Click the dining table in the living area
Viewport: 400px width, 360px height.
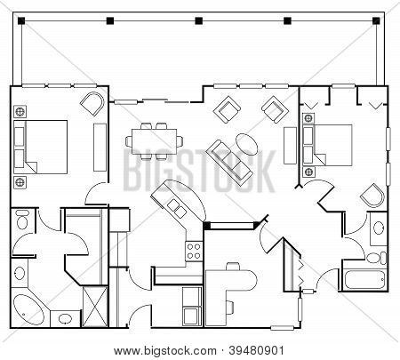pyautogui.click(x=154, y=141)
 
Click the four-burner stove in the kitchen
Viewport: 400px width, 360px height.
pyautogui.click(x=194, y=251)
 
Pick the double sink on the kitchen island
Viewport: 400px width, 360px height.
pyautogui.click(x=177, y=208)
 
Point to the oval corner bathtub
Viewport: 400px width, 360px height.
pyautogui.click(x=28, y=309)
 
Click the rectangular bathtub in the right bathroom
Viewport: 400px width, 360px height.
pyautogui.click(x=364, y=280)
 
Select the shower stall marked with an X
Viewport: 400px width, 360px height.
pyautogui.click(x=95, y=307)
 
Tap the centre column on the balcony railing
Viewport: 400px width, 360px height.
pyautogui.click(x=198, y=20)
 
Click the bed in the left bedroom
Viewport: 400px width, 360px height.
pyautogui.click(x=41, y=147)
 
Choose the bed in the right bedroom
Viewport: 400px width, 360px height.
pyautogui.click(x=327, y=145)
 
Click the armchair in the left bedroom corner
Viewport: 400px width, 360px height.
pyautogui.click(x=92, y=104)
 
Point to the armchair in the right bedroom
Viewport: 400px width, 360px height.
pyautogui.click(x=372, y=196)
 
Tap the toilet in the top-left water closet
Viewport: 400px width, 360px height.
pyautogui.click(x=21, y=220)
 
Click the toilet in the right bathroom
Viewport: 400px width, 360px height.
pyautogui.click(x=377, y=258)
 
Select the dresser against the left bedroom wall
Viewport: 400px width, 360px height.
pyautogui.click(x=100, y=148)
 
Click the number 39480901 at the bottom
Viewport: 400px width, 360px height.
pyautogui.click(x=257, y=351)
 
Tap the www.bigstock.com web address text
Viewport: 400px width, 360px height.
pyautogui.click(x=165, y=351)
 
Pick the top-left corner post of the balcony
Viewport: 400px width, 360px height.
pyautogui.click(x=21, y=20)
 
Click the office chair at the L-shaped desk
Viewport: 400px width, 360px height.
pyautogui.click(x=233, y=266)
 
